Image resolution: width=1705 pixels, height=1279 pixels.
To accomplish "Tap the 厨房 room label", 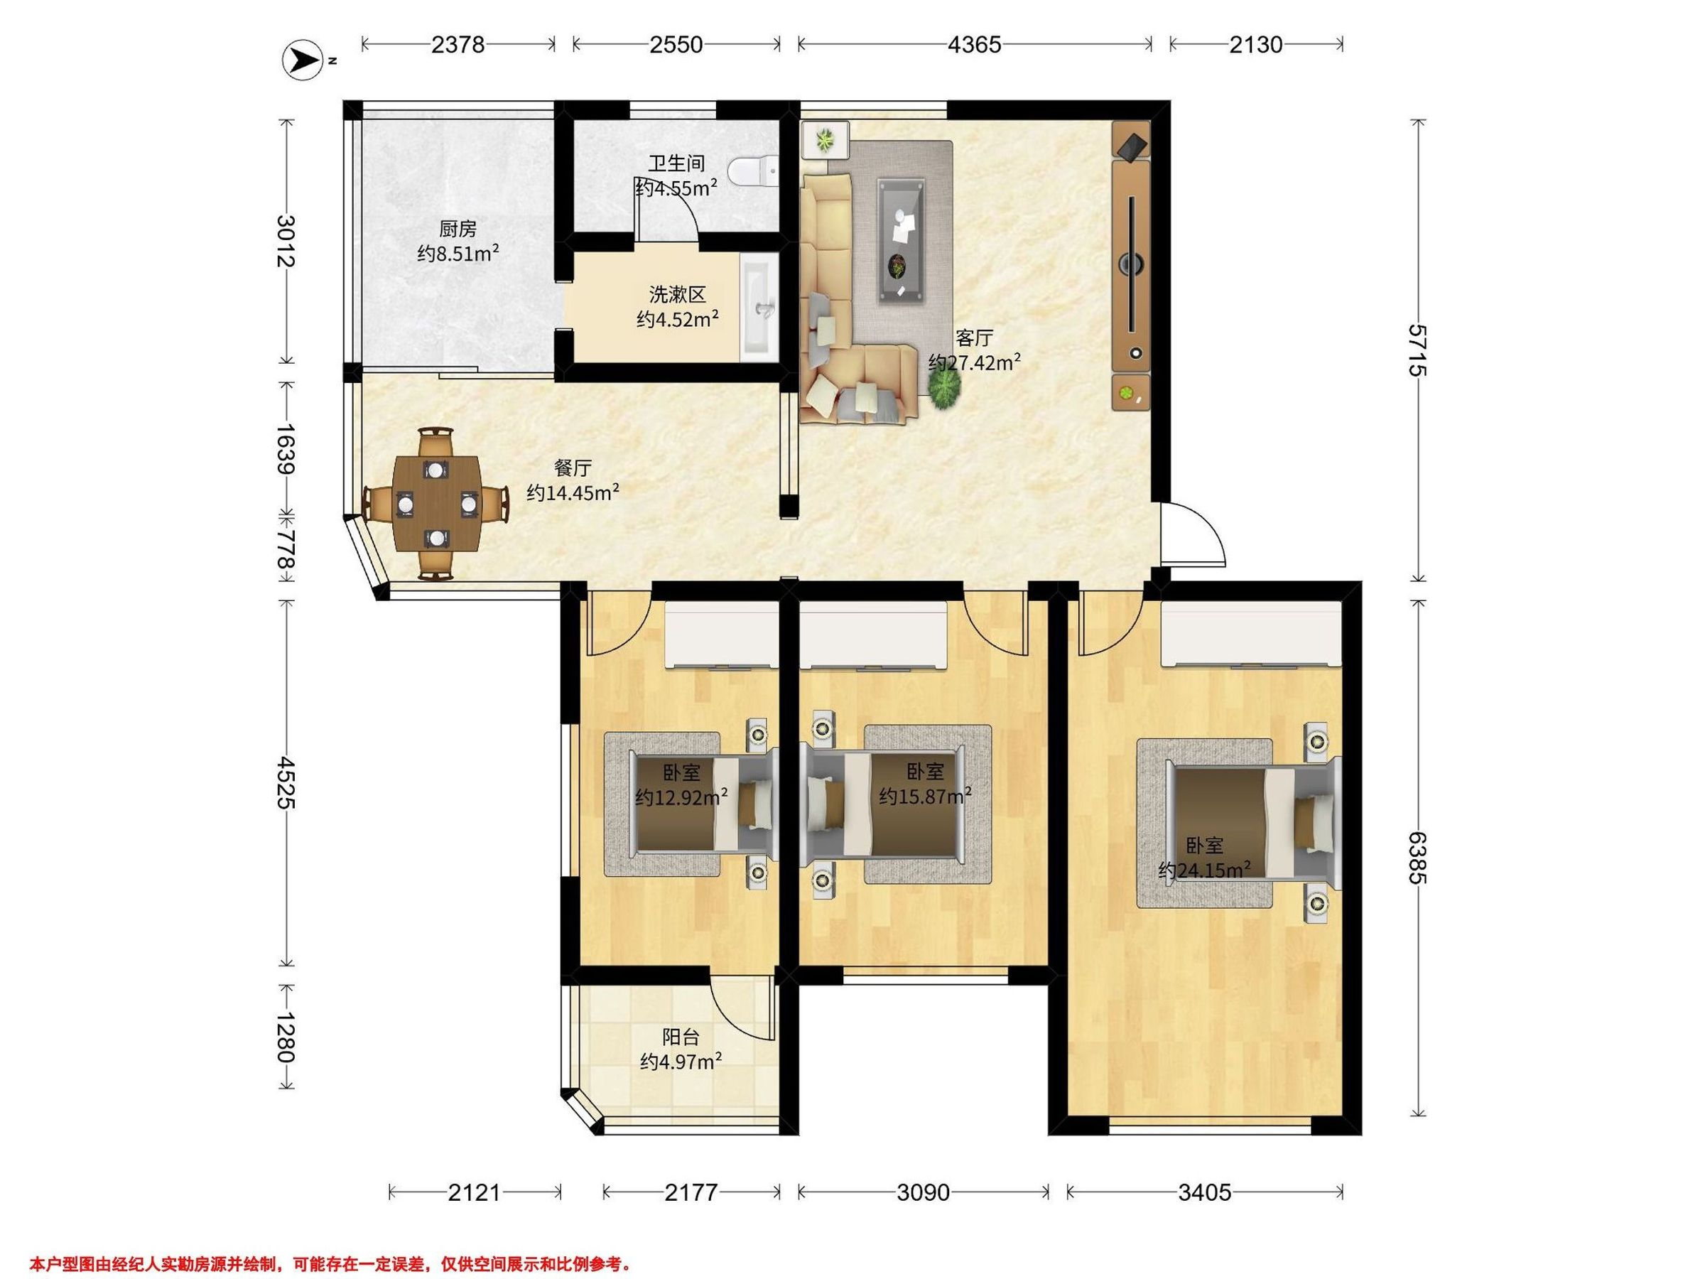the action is [458, 229].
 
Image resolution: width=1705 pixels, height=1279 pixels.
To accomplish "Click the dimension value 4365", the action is [974, 45].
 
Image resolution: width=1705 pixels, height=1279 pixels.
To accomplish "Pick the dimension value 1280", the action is [284, 1037].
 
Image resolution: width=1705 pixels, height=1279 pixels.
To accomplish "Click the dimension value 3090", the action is [923, 1192].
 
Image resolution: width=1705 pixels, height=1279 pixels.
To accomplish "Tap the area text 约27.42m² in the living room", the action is [975, 362].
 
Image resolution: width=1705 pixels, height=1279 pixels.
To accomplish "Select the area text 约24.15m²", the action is [1204, 870].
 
